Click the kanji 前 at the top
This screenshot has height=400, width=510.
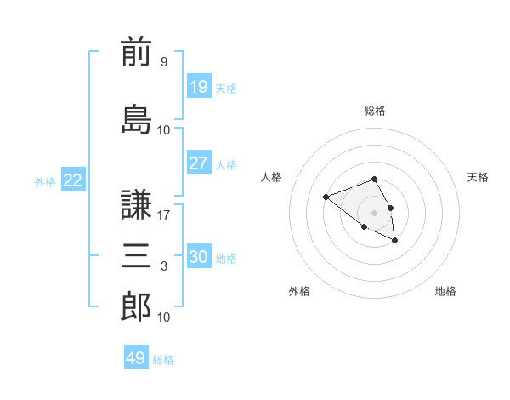[136, 51]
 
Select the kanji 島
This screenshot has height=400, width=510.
[136, 119]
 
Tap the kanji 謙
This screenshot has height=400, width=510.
[136, 204]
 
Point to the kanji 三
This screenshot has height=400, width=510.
[136, 255]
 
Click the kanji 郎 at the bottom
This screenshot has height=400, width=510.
[136, 306]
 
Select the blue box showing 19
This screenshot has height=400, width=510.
[199, 86]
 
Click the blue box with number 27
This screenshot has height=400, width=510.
[199, 163]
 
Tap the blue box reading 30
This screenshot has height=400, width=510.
[199, 255]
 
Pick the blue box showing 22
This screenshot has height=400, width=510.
[73, 180]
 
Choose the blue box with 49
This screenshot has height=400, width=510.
[136, 357]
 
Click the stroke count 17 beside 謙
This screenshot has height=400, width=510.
[163, 215]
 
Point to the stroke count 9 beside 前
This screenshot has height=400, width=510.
[164, 61]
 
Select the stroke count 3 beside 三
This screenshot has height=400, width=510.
[164, 266]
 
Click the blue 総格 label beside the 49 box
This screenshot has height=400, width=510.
[163, 360]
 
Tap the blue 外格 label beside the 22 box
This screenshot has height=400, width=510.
[45, 182]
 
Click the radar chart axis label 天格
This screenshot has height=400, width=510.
[478, 177]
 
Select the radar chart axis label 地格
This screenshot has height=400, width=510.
[445, 291]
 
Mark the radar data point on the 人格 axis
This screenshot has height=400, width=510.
[326, 197]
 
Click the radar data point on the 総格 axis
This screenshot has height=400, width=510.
[374, 179]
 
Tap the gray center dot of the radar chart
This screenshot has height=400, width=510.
[374, 213]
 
